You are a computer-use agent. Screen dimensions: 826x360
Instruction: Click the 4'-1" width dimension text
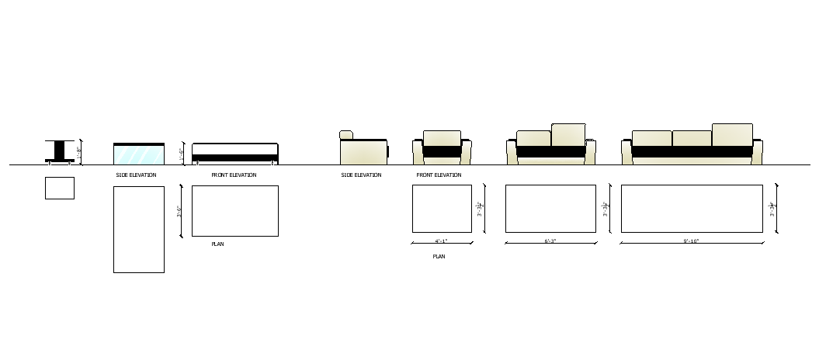coord(442,241)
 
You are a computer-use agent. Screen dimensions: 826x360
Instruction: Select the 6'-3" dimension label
coord(550,241)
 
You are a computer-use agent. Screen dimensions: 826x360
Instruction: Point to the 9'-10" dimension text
coord(691,241)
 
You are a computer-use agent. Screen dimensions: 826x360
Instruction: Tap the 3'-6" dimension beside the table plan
coord(180,210)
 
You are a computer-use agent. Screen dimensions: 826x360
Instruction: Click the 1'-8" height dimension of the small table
coord(80,153)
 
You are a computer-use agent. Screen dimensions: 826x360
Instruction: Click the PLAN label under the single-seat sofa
coord(439,256)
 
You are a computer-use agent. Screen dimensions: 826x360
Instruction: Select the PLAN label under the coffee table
coord(218,244)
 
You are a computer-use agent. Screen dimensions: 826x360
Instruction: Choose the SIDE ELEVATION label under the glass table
coord(136,175)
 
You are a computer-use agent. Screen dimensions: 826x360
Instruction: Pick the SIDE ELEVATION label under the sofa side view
coord(361,175)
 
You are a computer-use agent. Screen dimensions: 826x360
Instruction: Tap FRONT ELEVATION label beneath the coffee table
coord(234,175)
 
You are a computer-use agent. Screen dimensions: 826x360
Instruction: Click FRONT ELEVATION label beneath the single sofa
coord(439,175)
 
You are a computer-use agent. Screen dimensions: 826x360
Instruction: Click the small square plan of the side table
coord(60,188)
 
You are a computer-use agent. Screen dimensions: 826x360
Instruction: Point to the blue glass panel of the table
coord(139,154)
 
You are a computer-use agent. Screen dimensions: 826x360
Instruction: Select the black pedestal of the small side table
coord(60,151)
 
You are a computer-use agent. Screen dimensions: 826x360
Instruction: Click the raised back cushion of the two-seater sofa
coord(568,134)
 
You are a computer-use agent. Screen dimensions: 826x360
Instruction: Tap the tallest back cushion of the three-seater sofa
coord(732,134)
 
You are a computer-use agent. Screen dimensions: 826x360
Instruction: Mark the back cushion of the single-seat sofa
coord(442,138)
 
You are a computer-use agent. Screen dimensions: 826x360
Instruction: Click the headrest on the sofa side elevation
coord(346,135)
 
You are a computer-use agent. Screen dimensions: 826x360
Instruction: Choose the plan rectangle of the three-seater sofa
coord(692,208)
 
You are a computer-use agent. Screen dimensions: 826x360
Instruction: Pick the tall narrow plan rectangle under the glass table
coord(139,229)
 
